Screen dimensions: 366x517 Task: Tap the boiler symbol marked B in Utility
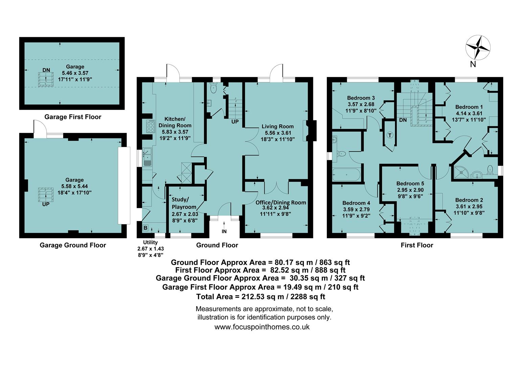pos(145,228)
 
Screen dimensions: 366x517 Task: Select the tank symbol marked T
pos(390,135)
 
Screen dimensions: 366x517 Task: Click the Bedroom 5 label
pos(410,183)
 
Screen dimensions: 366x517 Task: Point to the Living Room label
pos(277,126)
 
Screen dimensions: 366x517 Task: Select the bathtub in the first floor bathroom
pos(347,175)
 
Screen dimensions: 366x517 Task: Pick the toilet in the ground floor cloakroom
pos(214,88)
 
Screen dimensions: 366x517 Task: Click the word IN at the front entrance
pos(224,231)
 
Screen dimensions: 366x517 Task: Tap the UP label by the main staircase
pos(235,121)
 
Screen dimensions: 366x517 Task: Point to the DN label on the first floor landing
pos(403,120)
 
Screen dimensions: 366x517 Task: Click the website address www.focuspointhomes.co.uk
pos(262,327)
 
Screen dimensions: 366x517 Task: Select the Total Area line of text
pos(261,297)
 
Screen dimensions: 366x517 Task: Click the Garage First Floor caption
pos(73,117)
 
